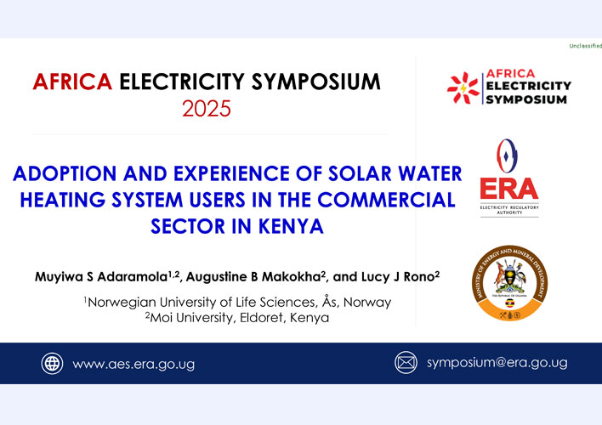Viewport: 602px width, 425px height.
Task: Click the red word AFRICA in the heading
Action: tap(72, 82)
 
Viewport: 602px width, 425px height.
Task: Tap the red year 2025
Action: tap(207, 109)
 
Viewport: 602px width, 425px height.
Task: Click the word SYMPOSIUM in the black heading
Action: tap(315, 82)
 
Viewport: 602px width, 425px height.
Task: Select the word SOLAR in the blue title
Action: tap(360, 173)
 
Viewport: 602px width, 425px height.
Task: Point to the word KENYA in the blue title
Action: tap(291, 226)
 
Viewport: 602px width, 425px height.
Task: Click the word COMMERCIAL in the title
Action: tap(386, 200)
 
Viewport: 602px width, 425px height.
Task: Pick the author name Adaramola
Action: tap(132, 277)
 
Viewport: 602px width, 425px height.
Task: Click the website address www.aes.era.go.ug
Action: tap(133, 365)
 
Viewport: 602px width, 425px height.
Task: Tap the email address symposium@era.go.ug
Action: tap(497, 363)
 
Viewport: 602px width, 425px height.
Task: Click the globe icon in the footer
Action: tap(52, 363)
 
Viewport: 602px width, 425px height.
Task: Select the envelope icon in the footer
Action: tap(406, 362)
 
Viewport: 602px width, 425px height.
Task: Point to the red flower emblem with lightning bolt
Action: tap(463, 88)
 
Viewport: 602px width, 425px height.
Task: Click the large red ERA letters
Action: tap(509, 189)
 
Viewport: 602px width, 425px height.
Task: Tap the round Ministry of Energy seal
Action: tap(510, 283)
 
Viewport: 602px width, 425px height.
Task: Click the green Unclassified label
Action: tap(586, 46)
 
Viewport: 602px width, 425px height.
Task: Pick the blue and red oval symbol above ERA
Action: tap(507, 156)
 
